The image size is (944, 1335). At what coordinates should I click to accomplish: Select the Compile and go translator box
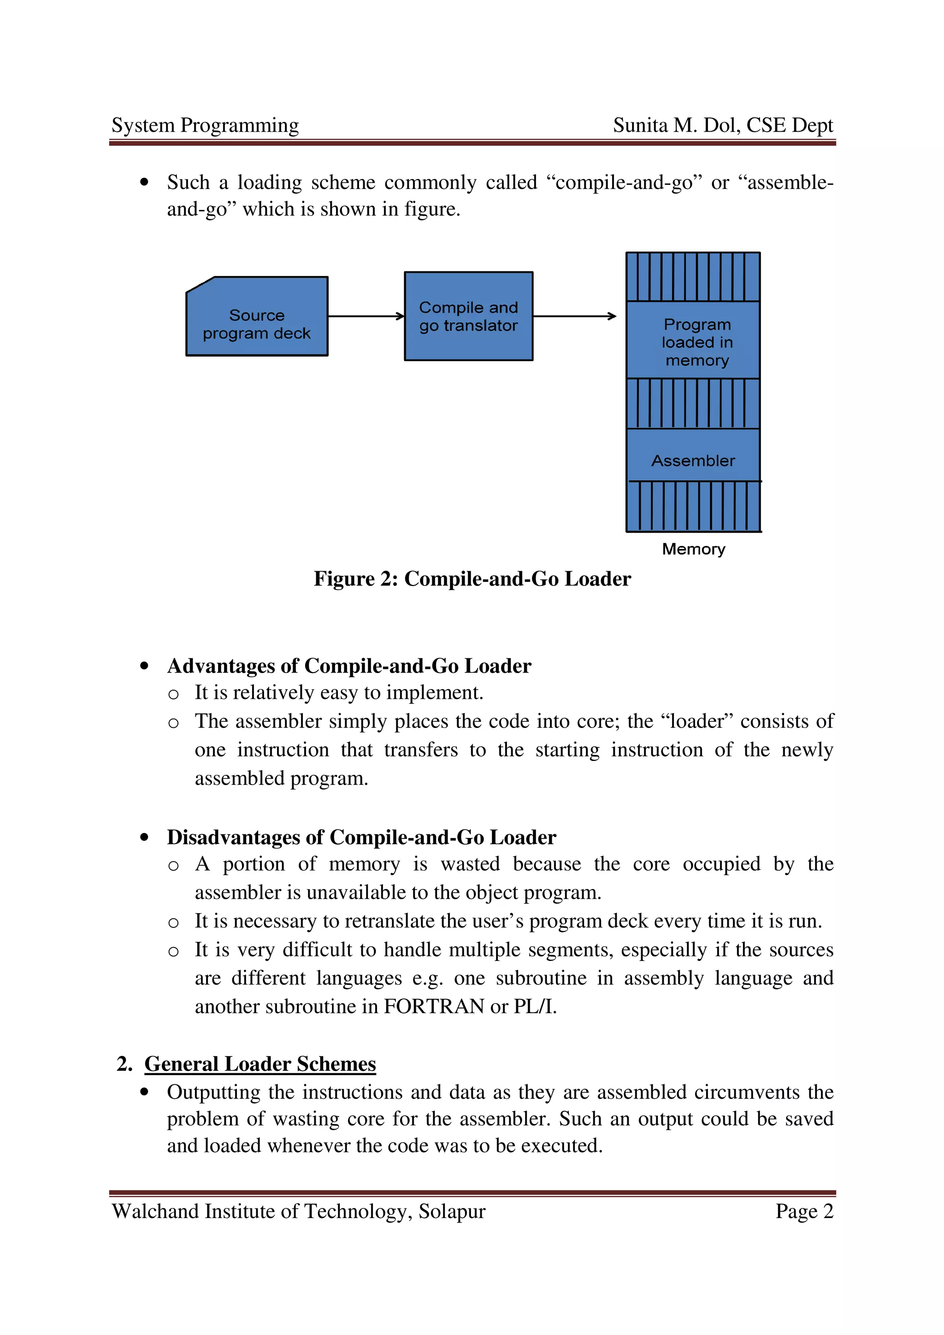pyautogui.click(x=468, y=316)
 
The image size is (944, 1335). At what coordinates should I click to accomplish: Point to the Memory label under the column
pyautogui.click(x=693, y=549)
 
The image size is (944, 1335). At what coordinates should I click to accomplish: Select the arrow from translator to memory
pyautogui.click(x=574, y=316)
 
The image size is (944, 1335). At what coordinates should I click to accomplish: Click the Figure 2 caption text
pyautogui.click(x=472, y=579)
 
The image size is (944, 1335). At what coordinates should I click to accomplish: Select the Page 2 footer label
pyautogui.click(x=804, y=1211)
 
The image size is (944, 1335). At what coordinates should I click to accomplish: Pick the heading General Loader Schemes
pyautogui.click(x=260, y=1064)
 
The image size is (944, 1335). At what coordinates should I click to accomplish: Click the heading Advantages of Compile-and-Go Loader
pyautogui.click(x=349, y=666)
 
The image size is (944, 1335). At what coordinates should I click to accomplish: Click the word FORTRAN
pyautogui.click(x=434, y=1007)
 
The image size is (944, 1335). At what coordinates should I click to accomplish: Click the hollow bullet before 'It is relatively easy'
pyautogui.click(x=173, y=694)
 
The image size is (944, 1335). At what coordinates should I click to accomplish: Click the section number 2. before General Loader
pyautogui.click(x=124, y=1064)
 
